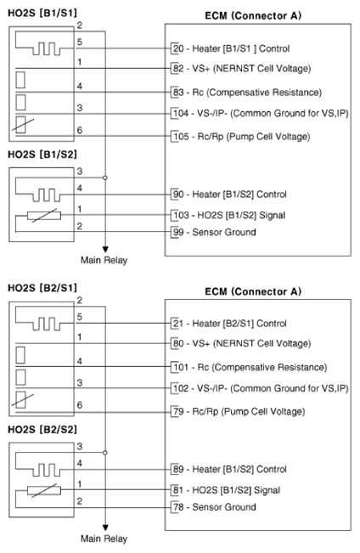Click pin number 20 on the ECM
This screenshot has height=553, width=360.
[177, 48]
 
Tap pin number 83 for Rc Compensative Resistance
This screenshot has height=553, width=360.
[177, 92]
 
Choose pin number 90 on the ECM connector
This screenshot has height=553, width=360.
[177, 195]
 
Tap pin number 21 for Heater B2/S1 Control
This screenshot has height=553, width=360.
[177, 324]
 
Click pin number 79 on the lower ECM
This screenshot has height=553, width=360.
[177, 410]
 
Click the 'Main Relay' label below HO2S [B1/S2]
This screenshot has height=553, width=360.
[104, 260]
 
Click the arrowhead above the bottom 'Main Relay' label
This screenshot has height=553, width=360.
[104, 524]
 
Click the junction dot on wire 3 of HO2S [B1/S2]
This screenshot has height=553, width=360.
[104, 178]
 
